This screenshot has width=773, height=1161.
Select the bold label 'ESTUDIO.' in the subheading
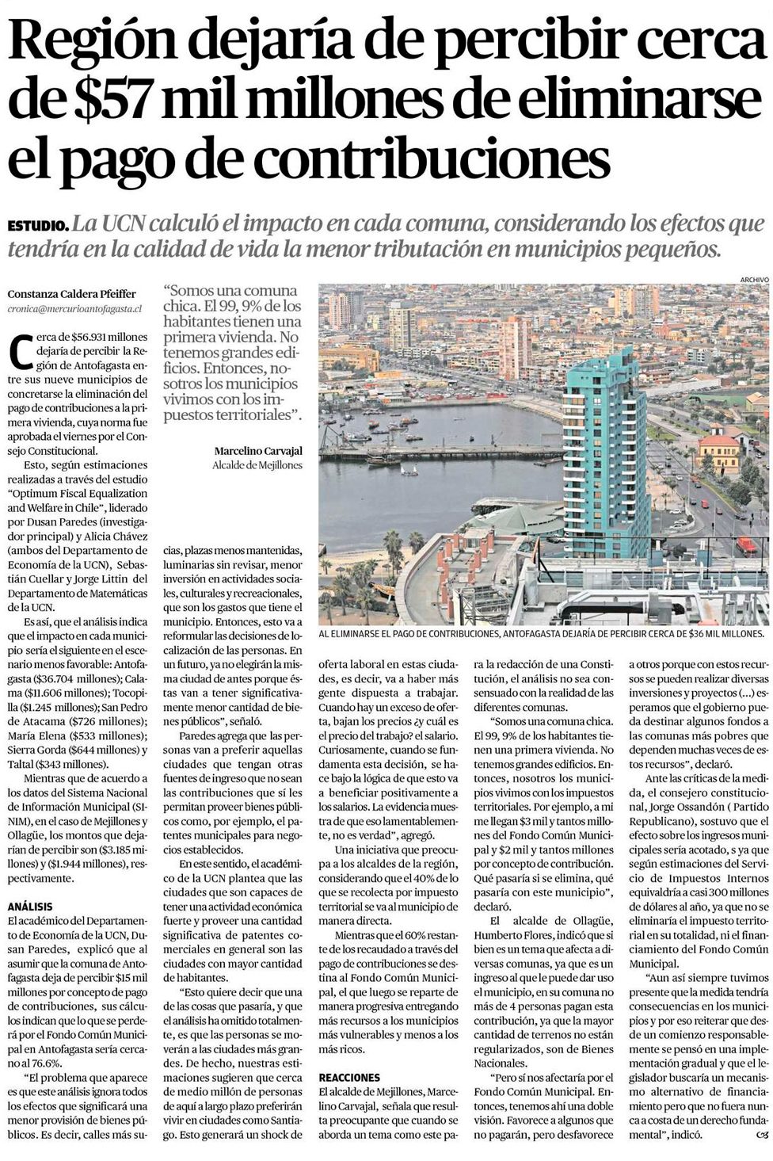[x=37, y=226]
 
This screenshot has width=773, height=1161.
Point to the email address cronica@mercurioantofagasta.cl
[x=74, y=308]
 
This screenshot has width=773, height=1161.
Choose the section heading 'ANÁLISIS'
[x=31, y=906]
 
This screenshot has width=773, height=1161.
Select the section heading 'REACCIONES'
[x=349, y=1078]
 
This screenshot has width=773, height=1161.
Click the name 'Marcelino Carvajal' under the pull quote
[x=258, y=451]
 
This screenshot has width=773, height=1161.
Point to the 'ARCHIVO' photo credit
[x=754, y=280]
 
